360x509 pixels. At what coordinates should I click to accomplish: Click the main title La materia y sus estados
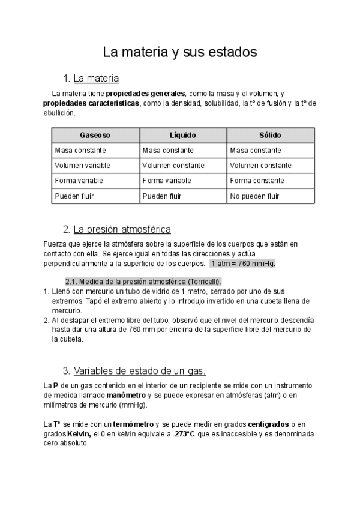[180, 52]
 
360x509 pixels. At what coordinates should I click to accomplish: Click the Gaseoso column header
[95, 135]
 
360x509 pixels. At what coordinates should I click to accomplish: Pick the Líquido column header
[182, 135]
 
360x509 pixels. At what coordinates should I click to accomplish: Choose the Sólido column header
[270, 135]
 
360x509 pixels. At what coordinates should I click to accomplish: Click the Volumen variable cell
[79, 165]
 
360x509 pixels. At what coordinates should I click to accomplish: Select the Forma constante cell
[255, 180]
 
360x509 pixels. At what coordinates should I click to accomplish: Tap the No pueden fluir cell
[254, 196]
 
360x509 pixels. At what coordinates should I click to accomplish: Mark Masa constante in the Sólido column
[255, 150]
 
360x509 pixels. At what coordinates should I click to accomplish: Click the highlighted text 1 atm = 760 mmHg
[242, 264]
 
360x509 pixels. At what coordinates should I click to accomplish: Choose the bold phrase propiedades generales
[145, 94]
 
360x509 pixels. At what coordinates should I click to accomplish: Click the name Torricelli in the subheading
[203, 282]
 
